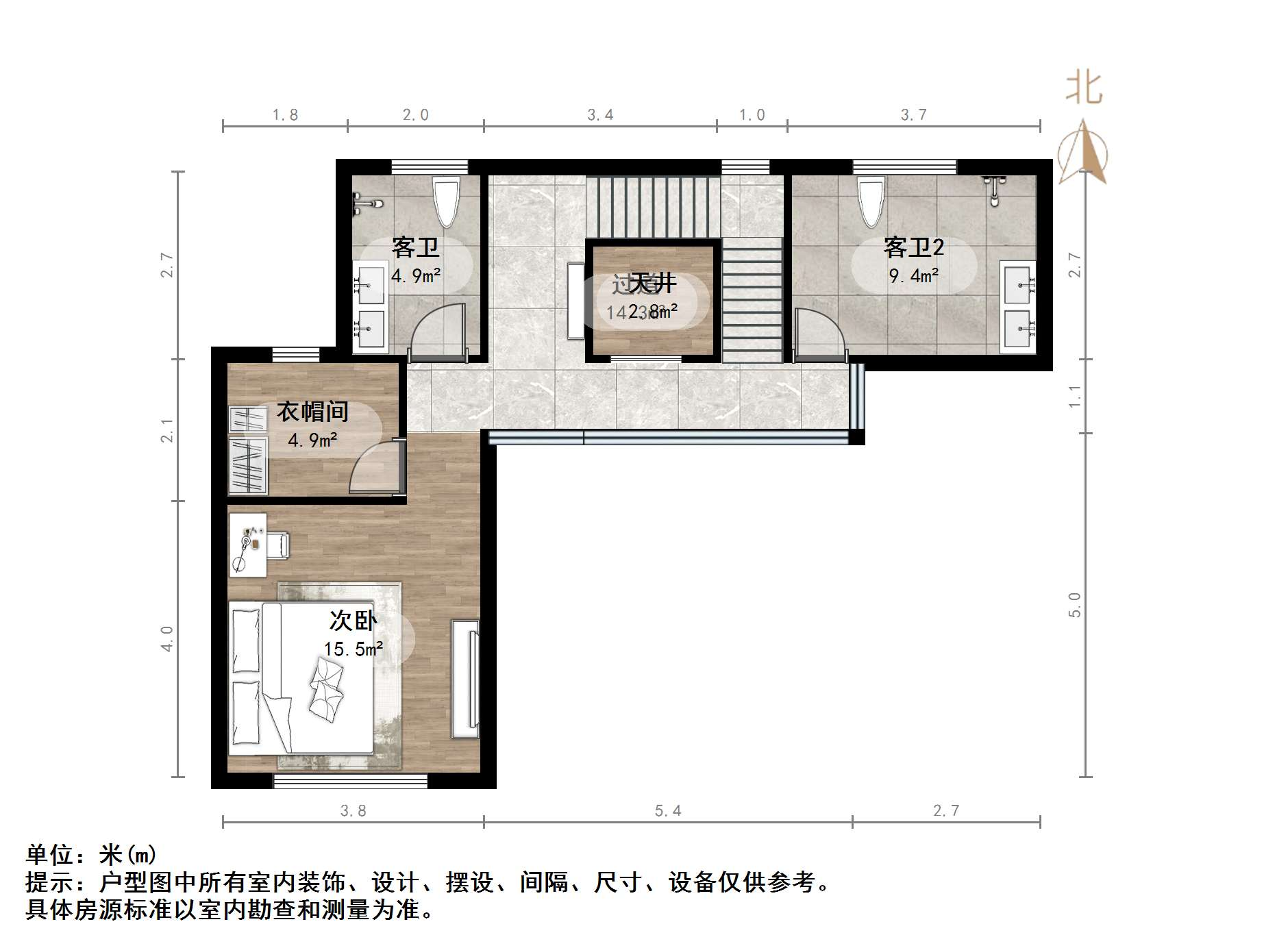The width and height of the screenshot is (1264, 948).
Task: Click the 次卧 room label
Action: tap(353, 621)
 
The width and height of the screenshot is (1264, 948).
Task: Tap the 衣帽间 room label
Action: tap(312, 412)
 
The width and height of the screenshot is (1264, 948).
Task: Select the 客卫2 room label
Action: tap(913, 247)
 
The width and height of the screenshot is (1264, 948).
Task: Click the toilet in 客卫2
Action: tap(871, 201)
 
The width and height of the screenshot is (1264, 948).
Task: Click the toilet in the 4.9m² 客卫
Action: tap(446, 201)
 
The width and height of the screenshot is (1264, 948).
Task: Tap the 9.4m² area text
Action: tap(913, 276)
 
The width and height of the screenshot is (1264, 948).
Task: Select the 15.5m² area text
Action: tap(353, 649)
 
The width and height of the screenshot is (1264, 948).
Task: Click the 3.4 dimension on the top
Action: tap(600, 115)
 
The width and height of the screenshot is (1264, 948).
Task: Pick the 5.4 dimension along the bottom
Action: tap(668, 811)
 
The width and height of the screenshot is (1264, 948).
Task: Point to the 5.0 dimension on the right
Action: tap(1074, 605)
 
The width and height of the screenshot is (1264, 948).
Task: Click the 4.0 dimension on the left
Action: tap(167, 638)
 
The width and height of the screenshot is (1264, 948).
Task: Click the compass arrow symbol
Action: tap(1085, 154)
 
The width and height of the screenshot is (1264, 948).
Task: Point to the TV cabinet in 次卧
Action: tap(465, 678)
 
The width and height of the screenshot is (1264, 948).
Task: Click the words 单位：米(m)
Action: tap(91, 855)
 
